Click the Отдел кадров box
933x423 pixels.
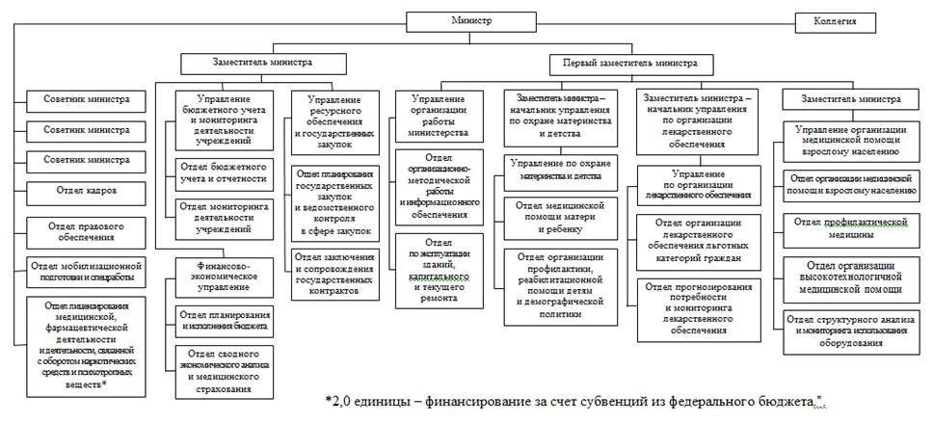(87, 192)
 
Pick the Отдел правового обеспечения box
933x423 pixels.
(88, 232)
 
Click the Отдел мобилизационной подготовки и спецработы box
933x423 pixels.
(87, 271)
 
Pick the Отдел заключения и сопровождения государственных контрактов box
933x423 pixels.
(333, 276)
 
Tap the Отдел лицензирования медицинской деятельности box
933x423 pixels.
(88, 342)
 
